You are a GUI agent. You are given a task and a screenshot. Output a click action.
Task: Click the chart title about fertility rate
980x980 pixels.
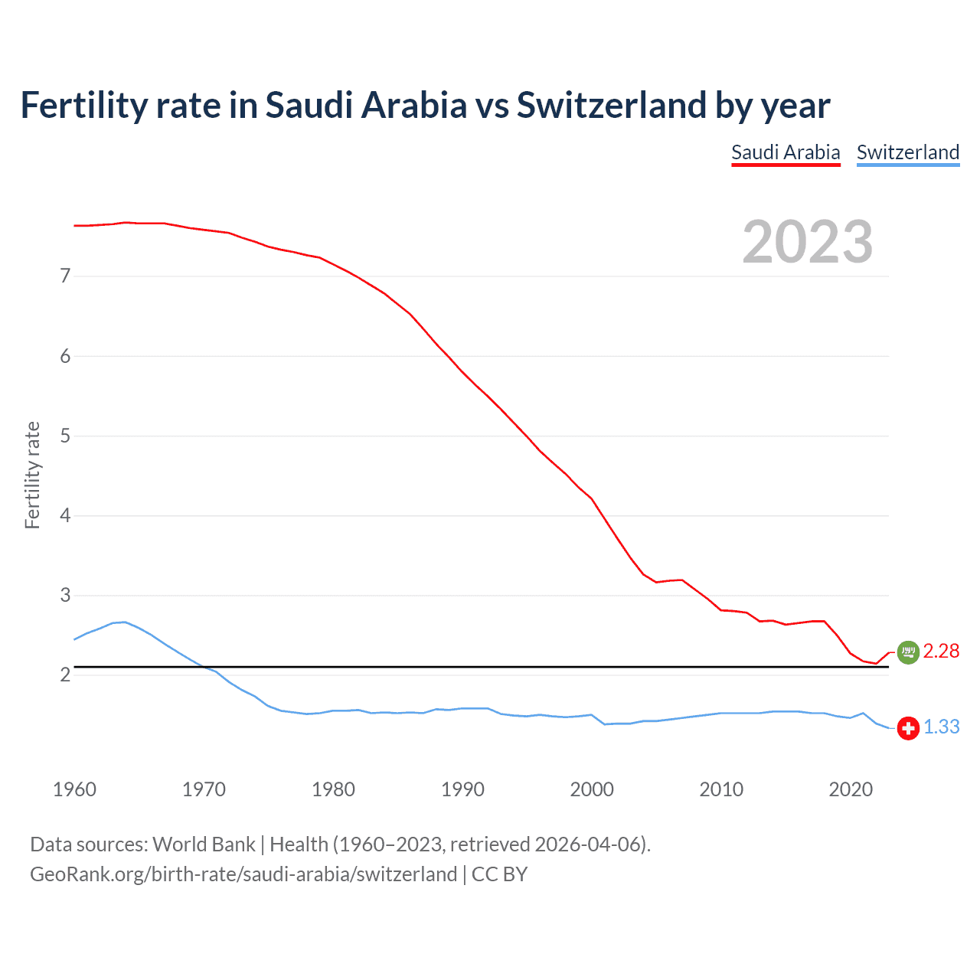425,106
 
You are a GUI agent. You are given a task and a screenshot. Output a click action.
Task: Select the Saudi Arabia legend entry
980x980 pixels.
786,152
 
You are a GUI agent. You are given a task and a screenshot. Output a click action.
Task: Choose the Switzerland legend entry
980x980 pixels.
907,152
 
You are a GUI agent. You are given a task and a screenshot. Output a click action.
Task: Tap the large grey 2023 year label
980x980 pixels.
807,242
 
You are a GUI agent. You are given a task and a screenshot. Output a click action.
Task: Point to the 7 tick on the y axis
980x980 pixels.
65,276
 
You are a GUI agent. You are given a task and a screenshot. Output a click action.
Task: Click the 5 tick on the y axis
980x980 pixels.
65,436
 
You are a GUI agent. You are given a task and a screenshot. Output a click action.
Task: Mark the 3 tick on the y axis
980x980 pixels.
65,596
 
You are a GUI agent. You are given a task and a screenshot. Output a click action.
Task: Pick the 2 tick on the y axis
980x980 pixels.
65,675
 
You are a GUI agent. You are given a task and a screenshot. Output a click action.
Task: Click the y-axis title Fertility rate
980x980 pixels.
32,475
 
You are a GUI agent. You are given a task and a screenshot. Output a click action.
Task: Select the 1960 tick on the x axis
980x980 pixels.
74,789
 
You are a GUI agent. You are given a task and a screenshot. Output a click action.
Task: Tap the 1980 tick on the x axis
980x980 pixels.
333,789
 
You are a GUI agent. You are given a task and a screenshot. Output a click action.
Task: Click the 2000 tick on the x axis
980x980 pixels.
592,789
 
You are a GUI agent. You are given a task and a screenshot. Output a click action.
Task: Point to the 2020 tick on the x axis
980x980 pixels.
851,789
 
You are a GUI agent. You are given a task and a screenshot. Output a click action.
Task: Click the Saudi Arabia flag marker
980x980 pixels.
908,652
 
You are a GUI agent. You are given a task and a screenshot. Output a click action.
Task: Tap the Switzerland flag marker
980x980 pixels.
908,727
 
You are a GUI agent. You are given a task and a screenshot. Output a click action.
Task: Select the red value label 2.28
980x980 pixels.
941,652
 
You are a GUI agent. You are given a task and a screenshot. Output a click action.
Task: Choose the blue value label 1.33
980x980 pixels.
941,727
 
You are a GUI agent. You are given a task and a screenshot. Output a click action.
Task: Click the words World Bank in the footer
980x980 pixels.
204,844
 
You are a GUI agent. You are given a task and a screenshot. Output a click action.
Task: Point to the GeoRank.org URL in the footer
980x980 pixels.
243,874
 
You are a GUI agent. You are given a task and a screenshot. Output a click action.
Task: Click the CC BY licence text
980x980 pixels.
499,874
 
